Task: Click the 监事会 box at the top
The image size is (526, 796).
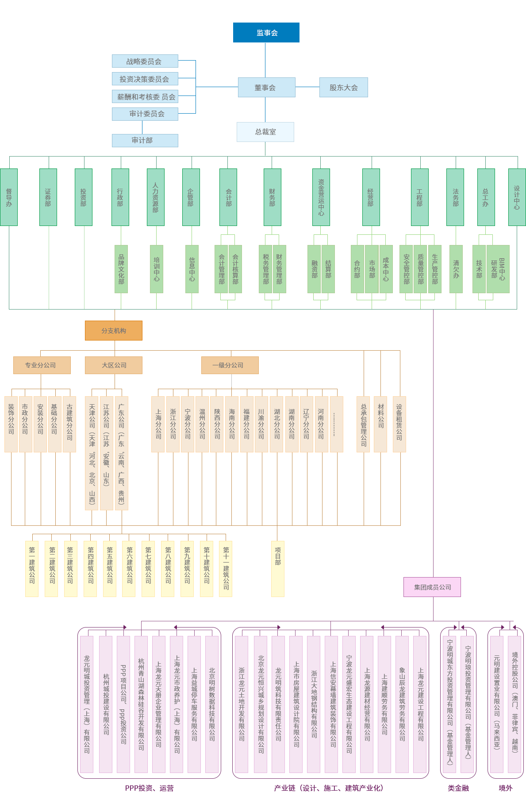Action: tap(266, 33)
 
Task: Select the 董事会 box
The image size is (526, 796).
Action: tap(265, 88)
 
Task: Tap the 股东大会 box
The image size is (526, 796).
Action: tap(343, 88)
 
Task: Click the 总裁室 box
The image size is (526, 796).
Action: tap(265, 132)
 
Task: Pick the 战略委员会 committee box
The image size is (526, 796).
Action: tap(145, 61)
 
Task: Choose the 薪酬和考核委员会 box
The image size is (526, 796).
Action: tap(146, 97)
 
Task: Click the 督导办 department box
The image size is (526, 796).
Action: tap(9, 197)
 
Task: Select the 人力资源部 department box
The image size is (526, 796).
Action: tap(155, 197)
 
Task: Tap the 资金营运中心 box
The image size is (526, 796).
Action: tap(321, 197)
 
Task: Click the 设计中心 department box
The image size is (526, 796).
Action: tap(516, 197)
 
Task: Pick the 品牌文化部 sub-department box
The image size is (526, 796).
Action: tap(121, 269)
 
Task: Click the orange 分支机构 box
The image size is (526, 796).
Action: tap(114, 330)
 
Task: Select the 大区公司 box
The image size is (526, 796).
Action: tap(114, 365)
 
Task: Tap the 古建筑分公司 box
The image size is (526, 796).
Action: tap(69, 424)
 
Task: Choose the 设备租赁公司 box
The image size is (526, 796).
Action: tap(399, 424)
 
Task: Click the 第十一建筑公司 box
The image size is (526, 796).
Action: tap(226, 568)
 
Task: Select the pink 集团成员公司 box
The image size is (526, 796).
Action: tap(432, 587)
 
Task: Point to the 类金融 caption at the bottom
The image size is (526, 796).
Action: tap(458, 788)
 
